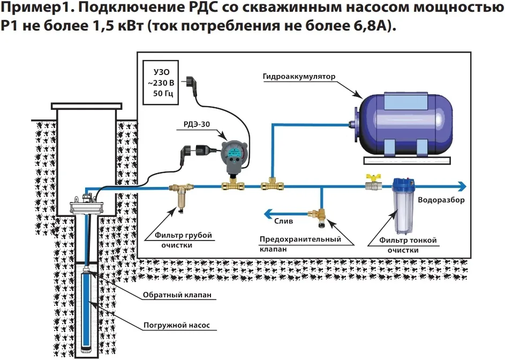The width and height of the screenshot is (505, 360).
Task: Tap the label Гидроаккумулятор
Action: click(x=299, y=77)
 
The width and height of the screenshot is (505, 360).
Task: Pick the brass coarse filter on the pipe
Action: click(x=178, y=196)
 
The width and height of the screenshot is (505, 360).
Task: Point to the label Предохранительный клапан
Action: click(x=300, y=244)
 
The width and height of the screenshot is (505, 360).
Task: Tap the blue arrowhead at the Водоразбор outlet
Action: click(x=460, y=186)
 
